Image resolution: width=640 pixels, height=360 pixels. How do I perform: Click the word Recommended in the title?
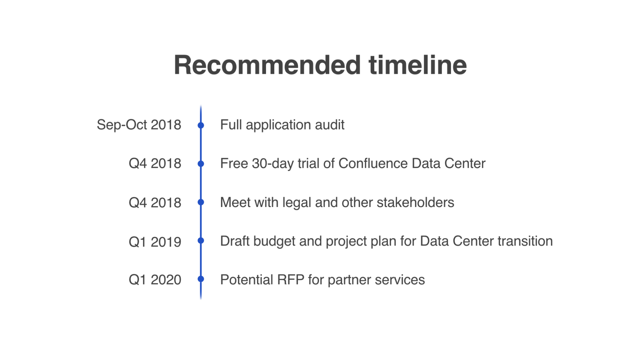coord(267,65)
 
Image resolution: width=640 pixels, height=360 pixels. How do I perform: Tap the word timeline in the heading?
coord(418,65)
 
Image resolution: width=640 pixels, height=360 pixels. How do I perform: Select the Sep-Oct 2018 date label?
coord(139,125)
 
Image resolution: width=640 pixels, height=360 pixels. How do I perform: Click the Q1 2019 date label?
coord(155,242)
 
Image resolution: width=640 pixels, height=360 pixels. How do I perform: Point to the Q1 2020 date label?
coord(155,280)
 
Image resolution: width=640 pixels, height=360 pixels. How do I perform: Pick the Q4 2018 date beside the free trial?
coord(155,163)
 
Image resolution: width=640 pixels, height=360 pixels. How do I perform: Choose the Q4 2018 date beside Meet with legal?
coord(155,203)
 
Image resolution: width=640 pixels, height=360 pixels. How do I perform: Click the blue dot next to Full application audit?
coord(201,125)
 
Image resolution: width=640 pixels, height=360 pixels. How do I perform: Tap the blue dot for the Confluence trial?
coord(201,164)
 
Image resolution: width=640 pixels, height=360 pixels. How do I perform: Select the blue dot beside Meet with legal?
coord(201,202)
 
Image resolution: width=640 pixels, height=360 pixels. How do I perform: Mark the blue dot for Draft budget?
coord(201,240)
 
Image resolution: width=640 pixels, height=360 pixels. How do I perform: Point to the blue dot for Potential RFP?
coord(201,279)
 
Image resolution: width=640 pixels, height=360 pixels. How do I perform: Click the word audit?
coord(329,125)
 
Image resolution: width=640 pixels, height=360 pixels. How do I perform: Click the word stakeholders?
coord(415,202)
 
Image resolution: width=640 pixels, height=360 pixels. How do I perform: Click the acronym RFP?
coord(290,280)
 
